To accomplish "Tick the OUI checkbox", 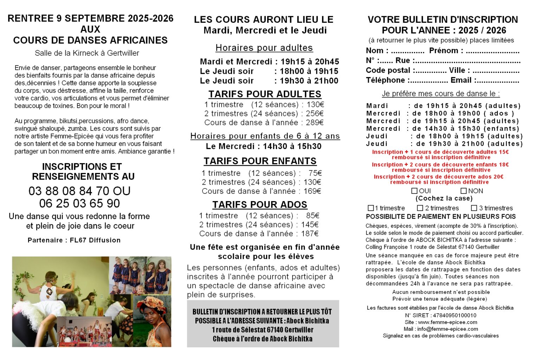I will tap(414, 191).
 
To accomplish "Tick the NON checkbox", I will tap(464, 191).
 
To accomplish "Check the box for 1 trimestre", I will tap(371, 208).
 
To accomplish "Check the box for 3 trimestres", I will tap(474, 208).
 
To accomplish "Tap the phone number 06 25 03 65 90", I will tap(79, 203).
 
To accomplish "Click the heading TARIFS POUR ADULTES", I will tap(265, 94).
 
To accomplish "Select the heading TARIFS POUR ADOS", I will tap(259, 205).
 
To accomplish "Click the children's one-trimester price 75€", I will tap(315, 173).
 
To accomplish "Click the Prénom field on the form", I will tap(492, 51).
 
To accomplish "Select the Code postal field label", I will tap(388, 70).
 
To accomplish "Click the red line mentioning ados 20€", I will tap(438, 177).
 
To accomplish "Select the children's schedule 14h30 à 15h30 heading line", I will tap(264, 146).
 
